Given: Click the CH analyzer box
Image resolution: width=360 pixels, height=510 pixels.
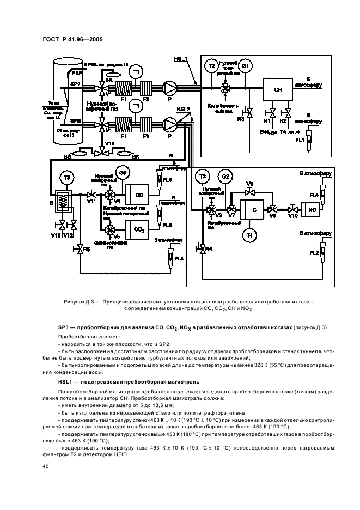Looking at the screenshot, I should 277,89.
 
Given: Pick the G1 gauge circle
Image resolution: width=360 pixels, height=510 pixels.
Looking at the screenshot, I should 246,66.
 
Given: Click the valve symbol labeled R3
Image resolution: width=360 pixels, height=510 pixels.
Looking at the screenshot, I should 248,112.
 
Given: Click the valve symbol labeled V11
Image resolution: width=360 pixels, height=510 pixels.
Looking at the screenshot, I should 93,195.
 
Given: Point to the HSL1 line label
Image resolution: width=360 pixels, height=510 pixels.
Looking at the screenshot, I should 180,59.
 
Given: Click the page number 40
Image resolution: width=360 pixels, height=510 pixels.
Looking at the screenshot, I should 46,467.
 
